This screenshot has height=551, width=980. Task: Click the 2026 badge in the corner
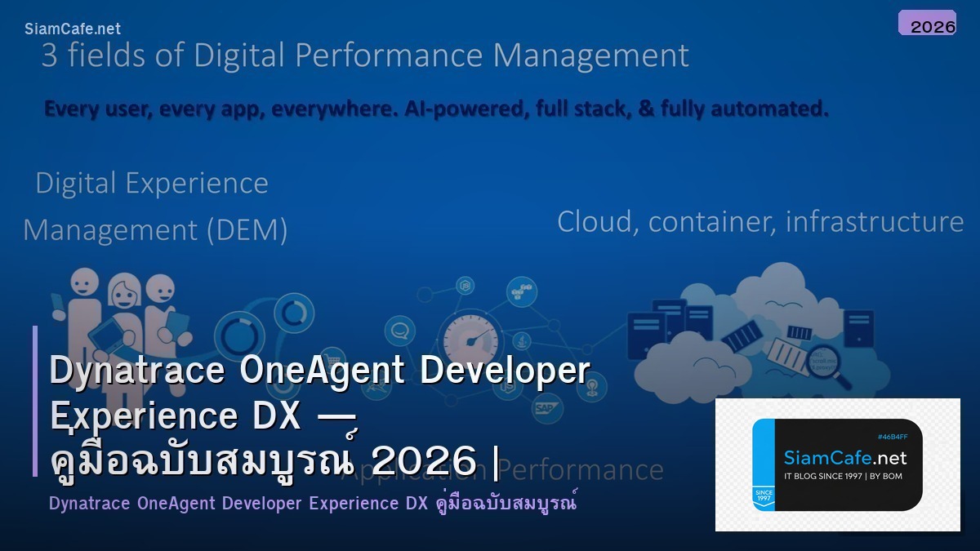click(927, 24)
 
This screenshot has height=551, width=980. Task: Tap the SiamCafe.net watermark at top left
click(73, 29)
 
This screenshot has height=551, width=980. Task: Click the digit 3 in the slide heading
click(49, 56)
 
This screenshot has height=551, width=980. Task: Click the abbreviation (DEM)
click(247, 230)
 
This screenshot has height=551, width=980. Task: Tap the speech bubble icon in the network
click(399, 331)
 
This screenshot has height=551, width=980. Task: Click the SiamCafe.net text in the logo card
click(844, 458)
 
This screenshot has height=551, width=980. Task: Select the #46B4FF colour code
click(893, 437)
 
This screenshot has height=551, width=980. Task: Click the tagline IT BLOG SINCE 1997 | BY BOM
click(843, 476)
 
